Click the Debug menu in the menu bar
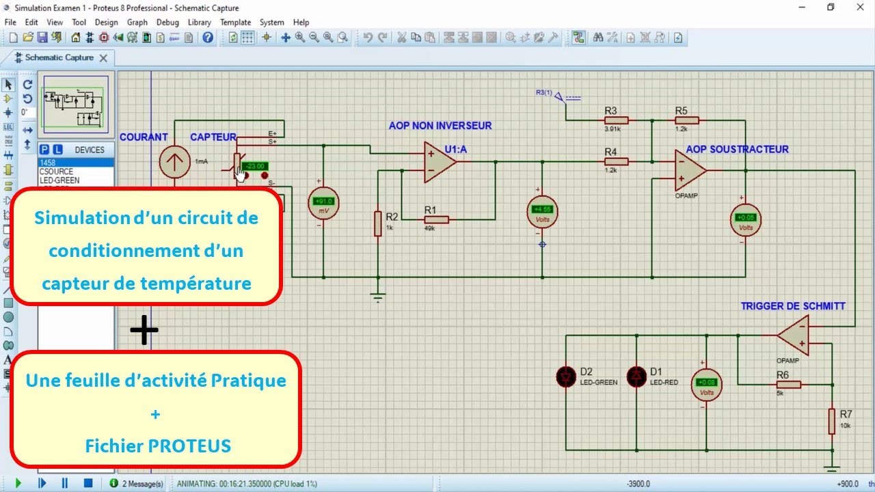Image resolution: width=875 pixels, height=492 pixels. (167, 22)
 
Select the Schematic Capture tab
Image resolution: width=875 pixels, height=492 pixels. (59, 58)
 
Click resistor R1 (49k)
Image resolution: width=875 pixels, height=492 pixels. (436, 219)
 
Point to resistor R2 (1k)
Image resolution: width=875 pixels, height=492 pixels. (377, 223)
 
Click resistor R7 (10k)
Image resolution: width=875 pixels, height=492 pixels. (832, 421)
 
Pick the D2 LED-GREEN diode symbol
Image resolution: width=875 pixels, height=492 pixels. (566, 377)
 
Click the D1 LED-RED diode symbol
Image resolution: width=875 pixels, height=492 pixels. (637, 377)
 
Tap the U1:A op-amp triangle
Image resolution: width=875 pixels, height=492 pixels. (439, 162)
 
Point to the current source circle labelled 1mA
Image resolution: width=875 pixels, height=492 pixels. (175, 162)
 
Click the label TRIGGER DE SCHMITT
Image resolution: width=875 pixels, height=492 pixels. (793, 306)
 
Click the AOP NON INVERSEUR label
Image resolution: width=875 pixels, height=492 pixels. (440, 126)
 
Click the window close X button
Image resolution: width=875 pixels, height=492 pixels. (859, 8)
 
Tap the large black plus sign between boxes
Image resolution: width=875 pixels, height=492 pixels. (144, 331)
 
